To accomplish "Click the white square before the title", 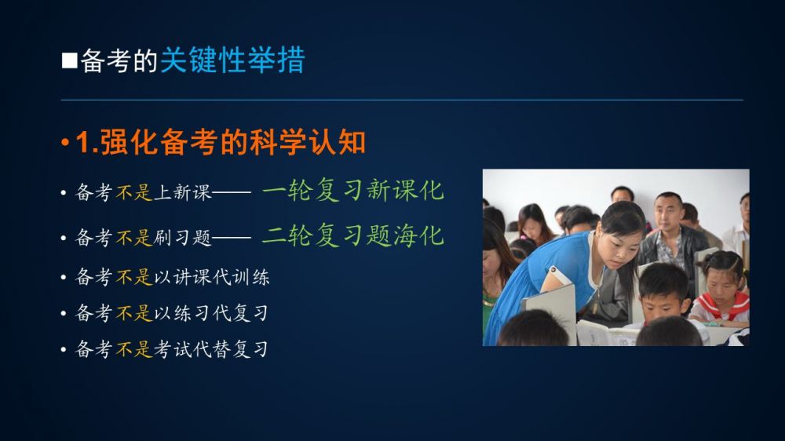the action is coord(70,60).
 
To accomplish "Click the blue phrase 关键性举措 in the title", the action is coord(232,60).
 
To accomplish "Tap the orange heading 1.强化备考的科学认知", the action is coord(221,142).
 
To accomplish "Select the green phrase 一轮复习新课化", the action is coord(353,190).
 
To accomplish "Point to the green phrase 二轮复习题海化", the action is coord(353,235).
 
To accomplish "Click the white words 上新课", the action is coord(183,192).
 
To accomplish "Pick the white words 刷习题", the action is coord(183,237).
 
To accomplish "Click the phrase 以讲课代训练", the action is coord(212,277).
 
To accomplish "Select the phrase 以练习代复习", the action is coord(210,313).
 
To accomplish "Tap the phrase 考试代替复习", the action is coord(210,349).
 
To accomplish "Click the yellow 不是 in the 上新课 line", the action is coord(134,192).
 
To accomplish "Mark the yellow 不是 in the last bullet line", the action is coord(134,349).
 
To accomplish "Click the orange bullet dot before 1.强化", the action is coord(65,143).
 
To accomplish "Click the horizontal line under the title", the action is coord(402,100).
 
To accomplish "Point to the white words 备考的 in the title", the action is coord(119,61).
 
